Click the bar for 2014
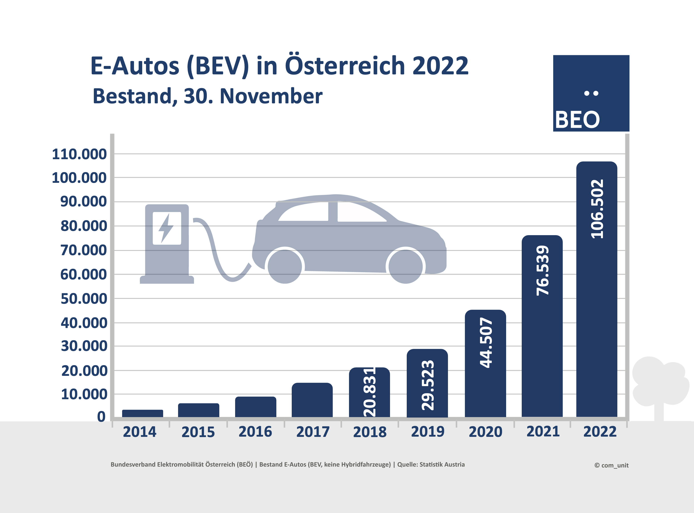[x=142, y=413]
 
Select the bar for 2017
[x=312, y=400]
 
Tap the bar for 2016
[x=255, y=407]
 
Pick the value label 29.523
[x=427, y=385]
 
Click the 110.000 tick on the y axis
[x=79, y=154]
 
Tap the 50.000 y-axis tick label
[x=84, y=299]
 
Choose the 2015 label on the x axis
[x=198, y=432]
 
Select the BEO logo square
[x=591, y=93]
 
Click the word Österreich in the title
[x=345, y=66]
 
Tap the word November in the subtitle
[x=271, y=96]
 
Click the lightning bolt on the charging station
[x=166, y=228]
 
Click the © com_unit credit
[x=611, y=465]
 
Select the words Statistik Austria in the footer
[x=442, y=464]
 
